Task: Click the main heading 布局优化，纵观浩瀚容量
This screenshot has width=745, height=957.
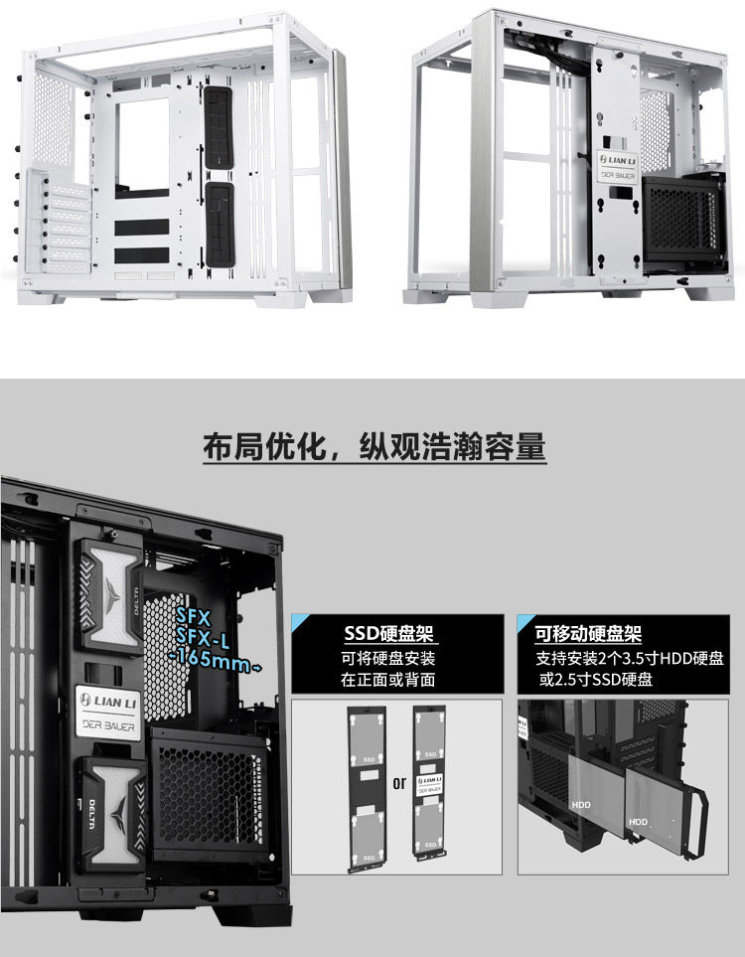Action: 373,447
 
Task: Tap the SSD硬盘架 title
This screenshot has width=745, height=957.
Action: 389,633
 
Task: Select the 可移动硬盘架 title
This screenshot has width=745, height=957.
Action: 587,633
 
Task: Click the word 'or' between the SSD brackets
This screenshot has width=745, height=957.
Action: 399,782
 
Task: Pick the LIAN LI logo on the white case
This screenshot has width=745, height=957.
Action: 618,160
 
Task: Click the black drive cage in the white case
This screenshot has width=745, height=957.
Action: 682,219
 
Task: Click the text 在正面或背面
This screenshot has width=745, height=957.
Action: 388,680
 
